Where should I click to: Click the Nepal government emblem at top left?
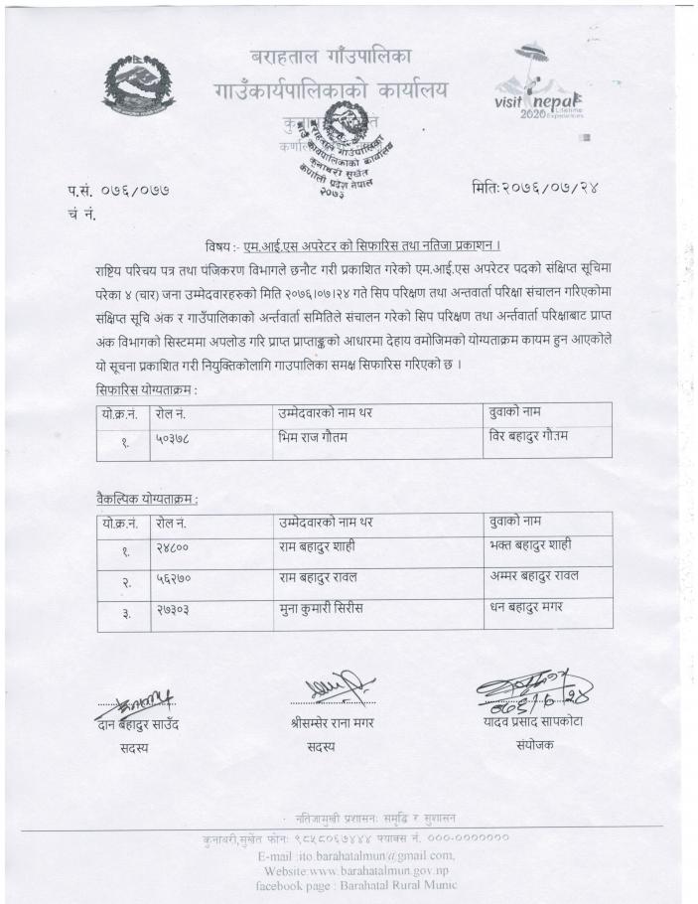140,85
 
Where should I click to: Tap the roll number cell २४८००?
173,546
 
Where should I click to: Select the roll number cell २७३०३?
173,607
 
